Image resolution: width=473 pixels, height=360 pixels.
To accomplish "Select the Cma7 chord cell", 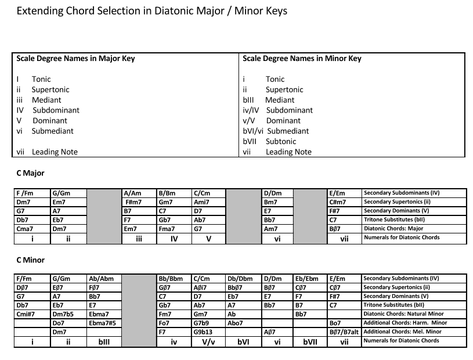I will [x=27, y=229].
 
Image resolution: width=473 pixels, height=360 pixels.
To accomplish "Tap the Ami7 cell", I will [x=203, y=202].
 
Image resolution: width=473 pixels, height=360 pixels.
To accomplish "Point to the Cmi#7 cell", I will [x=28, y=314].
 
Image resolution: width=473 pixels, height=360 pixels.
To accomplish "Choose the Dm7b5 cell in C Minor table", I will [x=63, y=314].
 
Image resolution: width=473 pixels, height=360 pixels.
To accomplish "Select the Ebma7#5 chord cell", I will [x=103, y=323].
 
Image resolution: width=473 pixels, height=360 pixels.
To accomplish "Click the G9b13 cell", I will [x=204, y=332].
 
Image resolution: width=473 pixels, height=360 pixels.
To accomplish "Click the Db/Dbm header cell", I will [x=241, y=279].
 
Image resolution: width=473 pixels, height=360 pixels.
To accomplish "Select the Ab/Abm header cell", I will [x=100, y=279].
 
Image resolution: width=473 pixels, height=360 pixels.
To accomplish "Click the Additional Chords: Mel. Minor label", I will [x=402, y=332].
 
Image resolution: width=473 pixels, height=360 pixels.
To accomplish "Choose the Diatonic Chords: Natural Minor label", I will [x=403, y=314].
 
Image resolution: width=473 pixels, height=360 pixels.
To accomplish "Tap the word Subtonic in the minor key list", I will [x=281, y=141].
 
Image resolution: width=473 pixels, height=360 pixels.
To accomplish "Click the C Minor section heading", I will [x=31, y=260].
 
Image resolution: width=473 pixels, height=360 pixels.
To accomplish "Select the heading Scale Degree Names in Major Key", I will [x=75, y=59].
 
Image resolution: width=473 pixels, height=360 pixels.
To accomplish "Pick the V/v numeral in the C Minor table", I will [x=208, y=342].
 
